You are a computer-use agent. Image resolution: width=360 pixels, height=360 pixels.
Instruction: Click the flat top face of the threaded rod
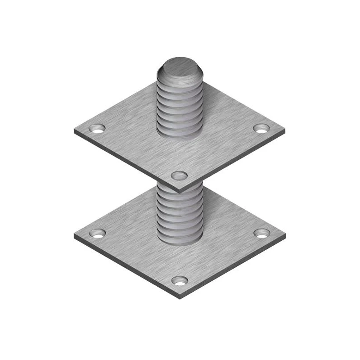click(180, 67)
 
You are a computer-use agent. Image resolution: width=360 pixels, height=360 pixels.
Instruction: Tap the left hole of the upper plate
click(97, 128)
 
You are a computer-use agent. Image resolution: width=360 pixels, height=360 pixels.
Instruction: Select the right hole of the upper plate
click(261, 128)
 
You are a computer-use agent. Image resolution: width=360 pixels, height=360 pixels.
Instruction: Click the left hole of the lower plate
click(97, 233)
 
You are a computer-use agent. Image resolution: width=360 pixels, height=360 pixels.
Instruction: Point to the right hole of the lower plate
click(261, 233)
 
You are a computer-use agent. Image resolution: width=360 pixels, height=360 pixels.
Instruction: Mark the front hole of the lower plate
click(180, 280)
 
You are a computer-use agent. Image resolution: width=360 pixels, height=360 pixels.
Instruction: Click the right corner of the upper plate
click(285, 131)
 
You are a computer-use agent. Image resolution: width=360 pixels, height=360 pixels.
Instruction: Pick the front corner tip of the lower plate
click(180, 298)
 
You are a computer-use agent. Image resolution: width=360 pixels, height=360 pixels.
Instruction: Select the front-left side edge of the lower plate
click(126, 268)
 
